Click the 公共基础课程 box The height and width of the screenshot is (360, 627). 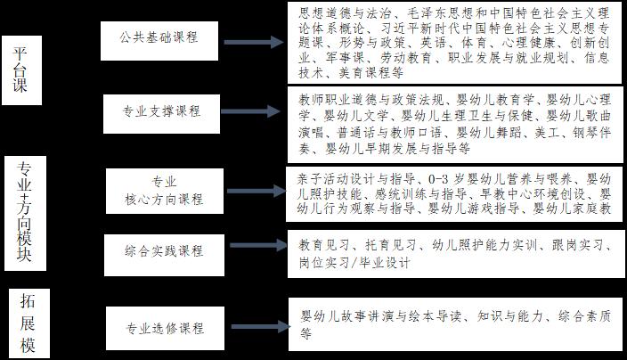point(159,38)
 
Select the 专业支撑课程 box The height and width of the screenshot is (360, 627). point(162,111)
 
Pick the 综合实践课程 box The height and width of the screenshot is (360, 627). point(164,252)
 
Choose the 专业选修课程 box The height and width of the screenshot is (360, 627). point(165,327)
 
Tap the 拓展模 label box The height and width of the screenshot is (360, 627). point(28,323)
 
